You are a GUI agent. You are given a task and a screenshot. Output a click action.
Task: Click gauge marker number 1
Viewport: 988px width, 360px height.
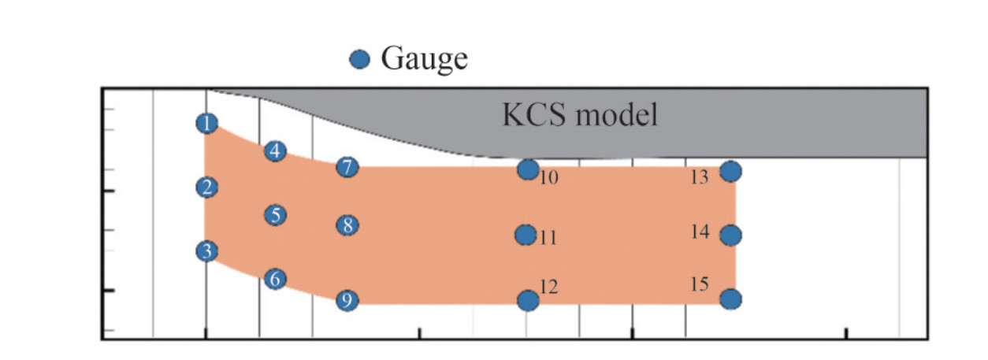[206, 123]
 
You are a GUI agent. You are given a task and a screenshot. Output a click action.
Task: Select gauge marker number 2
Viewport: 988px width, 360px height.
[206, 187]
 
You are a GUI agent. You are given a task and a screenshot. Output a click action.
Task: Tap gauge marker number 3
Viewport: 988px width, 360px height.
[206, 252]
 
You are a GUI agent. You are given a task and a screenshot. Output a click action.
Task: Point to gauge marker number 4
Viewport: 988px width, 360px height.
[275, 150]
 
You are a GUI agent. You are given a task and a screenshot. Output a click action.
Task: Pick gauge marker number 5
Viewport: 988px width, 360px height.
[275, 215]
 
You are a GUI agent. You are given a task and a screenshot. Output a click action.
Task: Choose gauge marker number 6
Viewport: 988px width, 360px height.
[275, 279]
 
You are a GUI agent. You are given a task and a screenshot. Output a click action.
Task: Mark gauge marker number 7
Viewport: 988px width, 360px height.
[347, 167]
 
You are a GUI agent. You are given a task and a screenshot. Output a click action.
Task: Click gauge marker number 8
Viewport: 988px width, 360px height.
[347, 225]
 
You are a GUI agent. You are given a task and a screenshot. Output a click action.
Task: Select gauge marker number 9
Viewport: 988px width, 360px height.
[347, 300]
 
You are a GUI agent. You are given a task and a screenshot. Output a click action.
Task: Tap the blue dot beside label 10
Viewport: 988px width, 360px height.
[528, 169]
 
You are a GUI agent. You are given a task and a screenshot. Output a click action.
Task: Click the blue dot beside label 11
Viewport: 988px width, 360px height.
[526, 235]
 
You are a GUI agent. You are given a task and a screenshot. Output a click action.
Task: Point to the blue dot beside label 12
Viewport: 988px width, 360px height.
[528, 300]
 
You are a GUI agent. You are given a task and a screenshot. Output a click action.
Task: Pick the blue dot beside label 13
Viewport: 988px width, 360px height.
[731, 171]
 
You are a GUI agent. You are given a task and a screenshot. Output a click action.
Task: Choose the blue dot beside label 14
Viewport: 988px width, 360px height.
[731, 235]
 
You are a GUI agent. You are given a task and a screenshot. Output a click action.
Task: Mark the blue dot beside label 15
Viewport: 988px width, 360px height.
[731, 299]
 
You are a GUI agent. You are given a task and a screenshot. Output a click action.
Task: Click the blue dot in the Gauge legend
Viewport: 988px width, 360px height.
[359, 59]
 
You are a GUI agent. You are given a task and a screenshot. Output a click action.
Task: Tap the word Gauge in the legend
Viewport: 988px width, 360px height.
[425, 58]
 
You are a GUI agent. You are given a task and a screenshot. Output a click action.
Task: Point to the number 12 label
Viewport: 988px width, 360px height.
[549, 288]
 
